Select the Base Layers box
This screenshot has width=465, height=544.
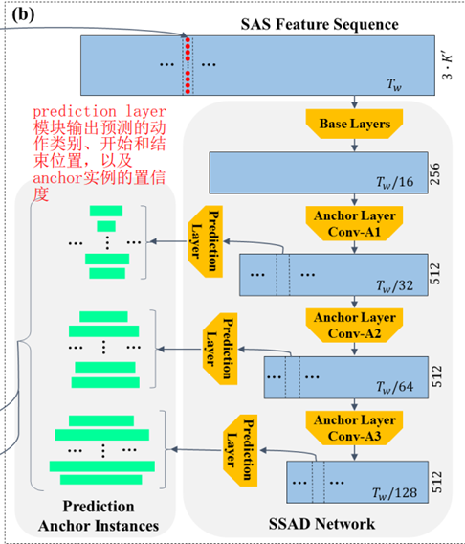coord(354,124)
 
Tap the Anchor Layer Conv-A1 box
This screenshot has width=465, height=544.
coord(354,223)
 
